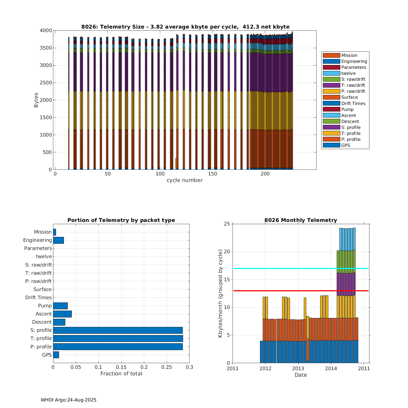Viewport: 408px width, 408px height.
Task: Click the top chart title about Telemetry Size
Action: click(185, 27)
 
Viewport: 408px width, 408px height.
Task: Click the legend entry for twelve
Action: click(348, 73)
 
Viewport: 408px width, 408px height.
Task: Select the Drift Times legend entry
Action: click(353, 103)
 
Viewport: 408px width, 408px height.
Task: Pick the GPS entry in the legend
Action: click(345, 145)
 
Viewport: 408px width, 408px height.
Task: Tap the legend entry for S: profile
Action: click(351, 127)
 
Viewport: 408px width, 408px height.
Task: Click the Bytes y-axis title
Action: click(36, 100)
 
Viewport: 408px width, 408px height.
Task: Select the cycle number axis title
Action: click(184, 180)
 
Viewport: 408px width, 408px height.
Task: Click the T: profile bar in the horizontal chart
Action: click(118, 338)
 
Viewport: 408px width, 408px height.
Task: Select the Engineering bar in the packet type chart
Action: click(58, 240)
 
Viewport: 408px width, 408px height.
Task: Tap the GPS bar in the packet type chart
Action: click(56, 355)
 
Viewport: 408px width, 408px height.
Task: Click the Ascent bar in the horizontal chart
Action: click(62, 314)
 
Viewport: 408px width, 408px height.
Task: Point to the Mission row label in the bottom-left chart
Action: click(43, 232)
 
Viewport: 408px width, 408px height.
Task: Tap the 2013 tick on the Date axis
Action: click(298, 369)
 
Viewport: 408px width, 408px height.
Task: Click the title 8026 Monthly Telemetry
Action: click(301, 220)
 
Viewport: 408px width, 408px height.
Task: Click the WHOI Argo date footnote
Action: click(69, 400)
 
